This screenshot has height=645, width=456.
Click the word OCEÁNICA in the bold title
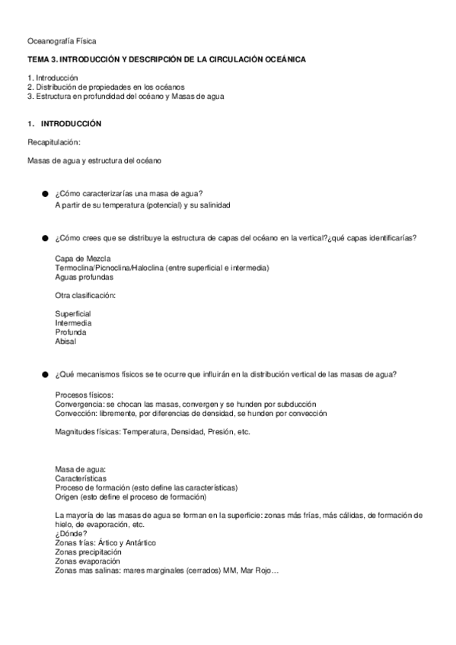coord(282,59)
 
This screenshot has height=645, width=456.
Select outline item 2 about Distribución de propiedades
coord(106,87)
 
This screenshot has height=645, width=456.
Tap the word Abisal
coord(65,342)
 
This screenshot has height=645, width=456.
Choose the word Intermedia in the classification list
coord(73,323)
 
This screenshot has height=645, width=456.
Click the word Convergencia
coord(80,404)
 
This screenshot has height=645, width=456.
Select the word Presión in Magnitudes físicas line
coord(209,432)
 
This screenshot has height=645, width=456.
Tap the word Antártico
coord(139,542)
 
